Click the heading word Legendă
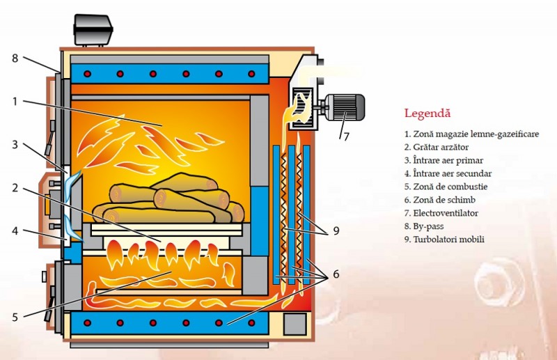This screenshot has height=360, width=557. click(427, 113)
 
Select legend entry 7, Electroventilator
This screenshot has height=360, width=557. click(441, 213)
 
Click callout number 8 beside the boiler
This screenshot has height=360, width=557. click(15, 58)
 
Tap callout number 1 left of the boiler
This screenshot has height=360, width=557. click(15, 101)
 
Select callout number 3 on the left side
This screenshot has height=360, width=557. click(15, 145)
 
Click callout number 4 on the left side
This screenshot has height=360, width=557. click(15, 231)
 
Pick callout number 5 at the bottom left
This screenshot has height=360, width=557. click(15, 317)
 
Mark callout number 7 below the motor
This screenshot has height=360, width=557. click(345, 136)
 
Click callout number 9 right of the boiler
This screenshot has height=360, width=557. click(336, 230)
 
